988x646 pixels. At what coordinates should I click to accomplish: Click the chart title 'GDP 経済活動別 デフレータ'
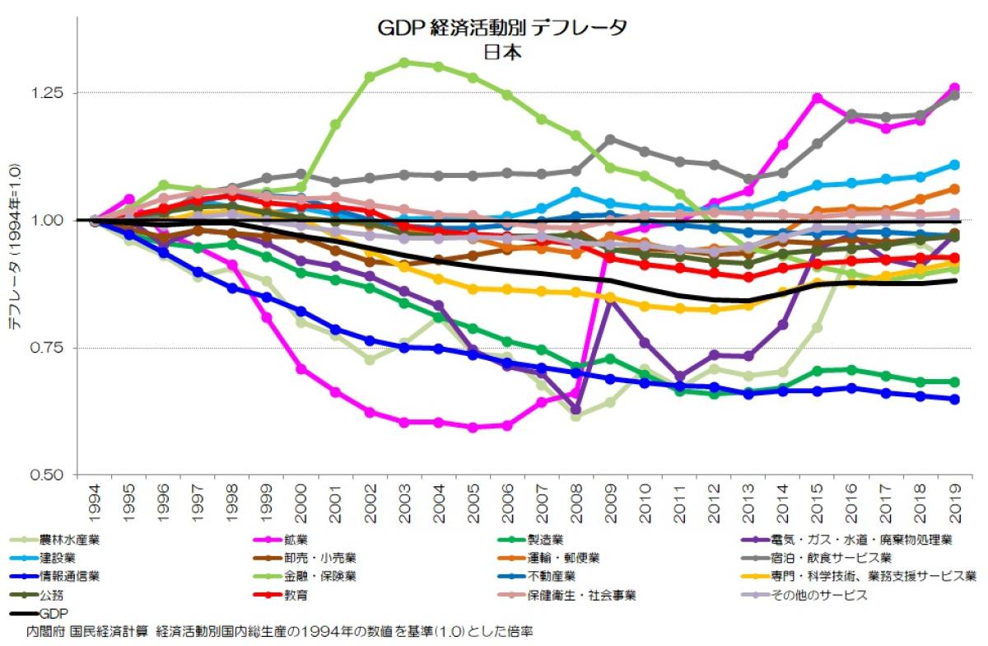502,27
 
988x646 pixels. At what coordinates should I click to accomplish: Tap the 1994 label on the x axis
95,499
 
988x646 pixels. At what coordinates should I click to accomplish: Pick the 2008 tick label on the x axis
576,499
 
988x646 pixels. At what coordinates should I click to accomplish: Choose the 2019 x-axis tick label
954,499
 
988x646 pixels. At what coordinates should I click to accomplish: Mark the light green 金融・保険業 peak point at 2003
403,63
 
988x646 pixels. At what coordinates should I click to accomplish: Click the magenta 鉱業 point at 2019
954,88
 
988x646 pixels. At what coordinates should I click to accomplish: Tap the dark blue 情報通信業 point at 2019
954,400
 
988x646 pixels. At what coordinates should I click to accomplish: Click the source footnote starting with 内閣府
280,630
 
